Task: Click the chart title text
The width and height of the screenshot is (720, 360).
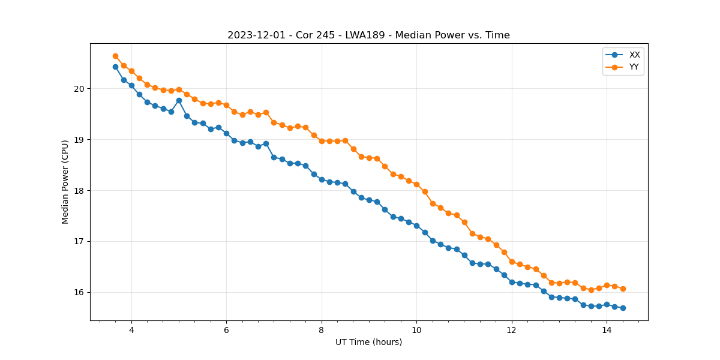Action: click(x=368, y=35)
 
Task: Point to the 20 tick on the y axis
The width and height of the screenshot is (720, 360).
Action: click(x=79, y=89)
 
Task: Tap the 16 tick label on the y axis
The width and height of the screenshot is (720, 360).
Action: click(x=79, y=292)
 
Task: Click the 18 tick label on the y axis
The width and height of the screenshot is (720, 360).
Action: click(x=79, y=191)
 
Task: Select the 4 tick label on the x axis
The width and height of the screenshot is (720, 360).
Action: click(x=131, y=330)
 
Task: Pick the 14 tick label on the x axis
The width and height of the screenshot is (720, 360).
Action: click(x=607, y=330)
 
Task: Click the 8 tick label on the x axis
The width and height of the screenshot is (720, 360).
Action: click(x=322, y=330)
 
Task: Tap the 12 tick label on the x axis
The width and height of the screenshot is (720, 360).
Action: click(x=511, y=330)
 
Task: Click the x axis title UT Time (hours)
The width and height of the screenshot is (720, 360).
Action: click(x=368, y=342)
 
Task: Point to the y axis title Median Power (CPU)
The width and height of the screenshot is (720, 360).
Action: click(x=65, y=182)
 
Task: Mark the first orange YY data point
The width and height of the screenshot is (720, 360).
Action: click(x=115, y=56)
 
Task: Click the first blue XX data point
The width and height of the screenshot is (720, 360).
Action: click(x=115, y=67)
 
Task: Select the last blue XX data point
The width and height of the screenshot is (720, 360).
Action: click(x=623, y=308)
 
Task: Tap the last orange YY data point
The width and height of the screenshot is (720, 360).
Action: click(x=623, y=289)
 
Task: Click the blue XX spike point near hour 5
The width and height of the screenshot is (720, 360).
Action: click(x=179, y=100)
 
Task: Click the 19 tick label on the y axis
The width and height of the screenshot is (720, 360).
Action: click(x=79, y=140)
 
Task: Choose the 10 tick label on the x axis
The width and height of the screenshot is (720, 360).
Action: click(x=416, y=330)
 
